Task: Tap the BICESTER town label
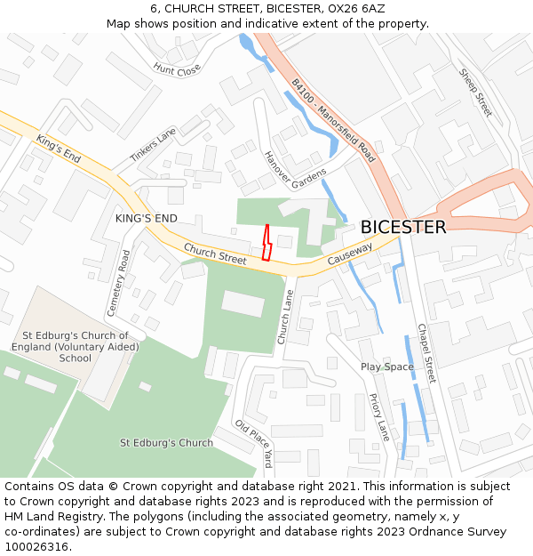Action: pos(403,227)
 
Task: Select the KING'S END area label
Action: pos(147,218)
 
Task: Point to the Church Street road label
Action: pos(215,254)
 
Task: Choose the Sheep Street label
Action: pos(475,92)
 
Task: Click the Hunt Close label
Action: pos(177,68)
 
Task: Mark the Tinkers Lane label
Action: pos(154,144)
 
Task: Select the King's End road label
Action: pos(60,148)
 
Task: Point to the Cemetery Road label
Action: pos(118,283)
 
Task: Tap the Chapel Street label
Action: pos(426,353)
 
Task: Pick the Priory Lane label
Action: pos(379,417)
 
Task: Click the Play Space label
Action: pos(387,367)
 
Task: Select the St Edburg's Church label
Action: pos(166,442)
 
